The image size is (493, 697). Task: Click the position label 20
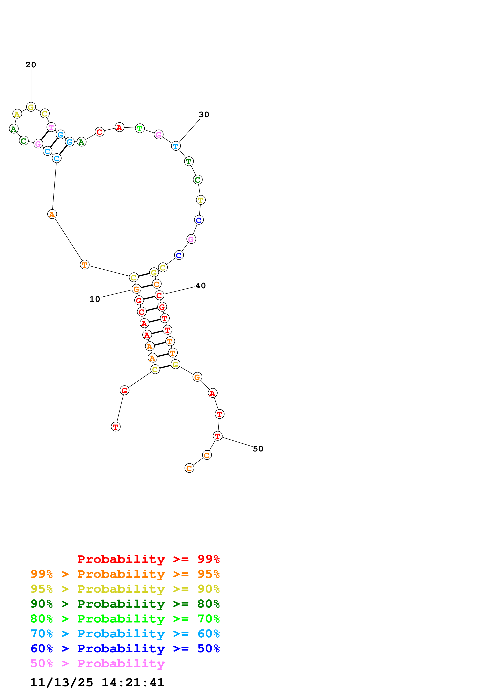tap(31, 65)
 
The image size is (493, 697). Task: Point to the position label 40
tap(200, 286)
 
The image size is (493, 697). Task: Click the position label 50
tap(258, 449)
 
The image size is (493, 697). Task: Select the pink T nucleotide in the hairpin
tap(51, 127)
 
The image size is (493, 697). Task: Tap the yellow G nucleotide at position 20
tap(31, 107)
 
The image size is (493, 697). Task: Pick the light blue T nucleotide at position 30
tap(176, 146)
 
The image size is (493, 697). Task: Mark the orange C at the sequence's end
tap(189, 468)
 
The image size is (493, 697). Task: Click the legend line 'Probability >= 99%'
tap(148, 559)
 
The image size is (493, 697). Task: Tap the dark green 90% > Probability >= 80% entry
tap(125, 604)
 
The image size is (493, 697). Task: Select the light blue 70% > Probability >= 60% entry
tap(125, 634)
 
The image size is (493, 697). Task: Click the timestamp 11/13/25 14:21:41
tap(97, 682)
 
